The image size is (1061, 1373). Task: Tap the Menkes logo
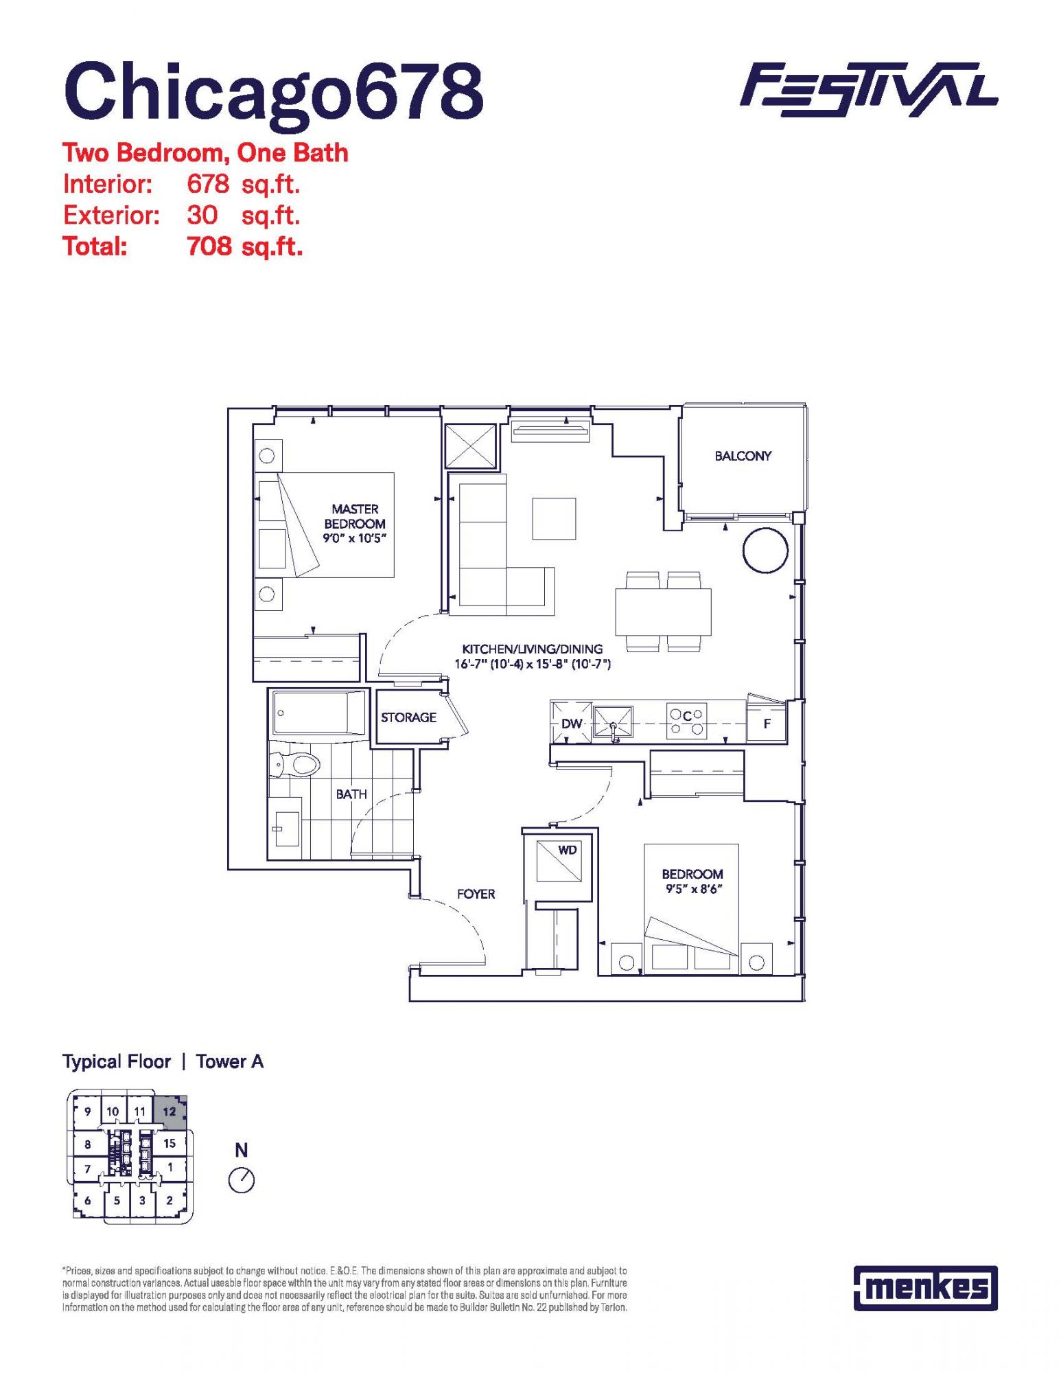pyautogui.click(x=925, y=1287)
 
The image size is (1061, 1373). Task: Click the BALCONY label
pyautogui.click(x=743, y=456)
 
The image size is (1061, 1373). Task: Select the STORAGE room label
pyautogui.click(x=408, y=717)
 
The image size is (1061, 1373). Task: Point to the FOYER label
pyautogui.click(x=476, y=894)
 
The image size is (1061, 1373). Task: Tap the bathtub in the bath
pyautogui.click(x=320, y=714)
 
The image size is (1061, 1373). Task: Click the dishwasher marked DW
pyautogui.click(x=571, y=723)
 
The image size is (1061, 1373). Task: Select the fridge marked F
pyautogui.click(x=767, y=722)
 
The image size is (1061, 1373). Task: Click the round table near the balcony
pyautogui.click(x=765, y=550)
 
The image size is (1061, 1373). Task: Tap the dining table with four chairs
pyautogui.click(x=663, y=612)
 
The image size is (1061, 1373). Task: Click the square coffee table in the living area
pyautogui.click(x=554, y=518)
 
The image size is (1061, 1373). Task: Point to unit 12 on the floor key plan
pyautogui.click(x=170, y=1112)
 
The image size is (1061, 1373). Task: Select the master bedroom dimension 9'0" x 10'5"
pyautogui.click(x=355, y=538)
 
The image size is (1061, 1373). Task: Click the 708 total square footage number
pyautogui.click(x=209, y=246)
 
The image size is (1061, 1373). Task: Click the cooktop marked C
pyautogui.click(x=686, y=721)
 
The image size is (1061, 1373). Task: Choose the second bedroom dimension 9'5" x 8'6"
pyautogui.click(x=692, y=889)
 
